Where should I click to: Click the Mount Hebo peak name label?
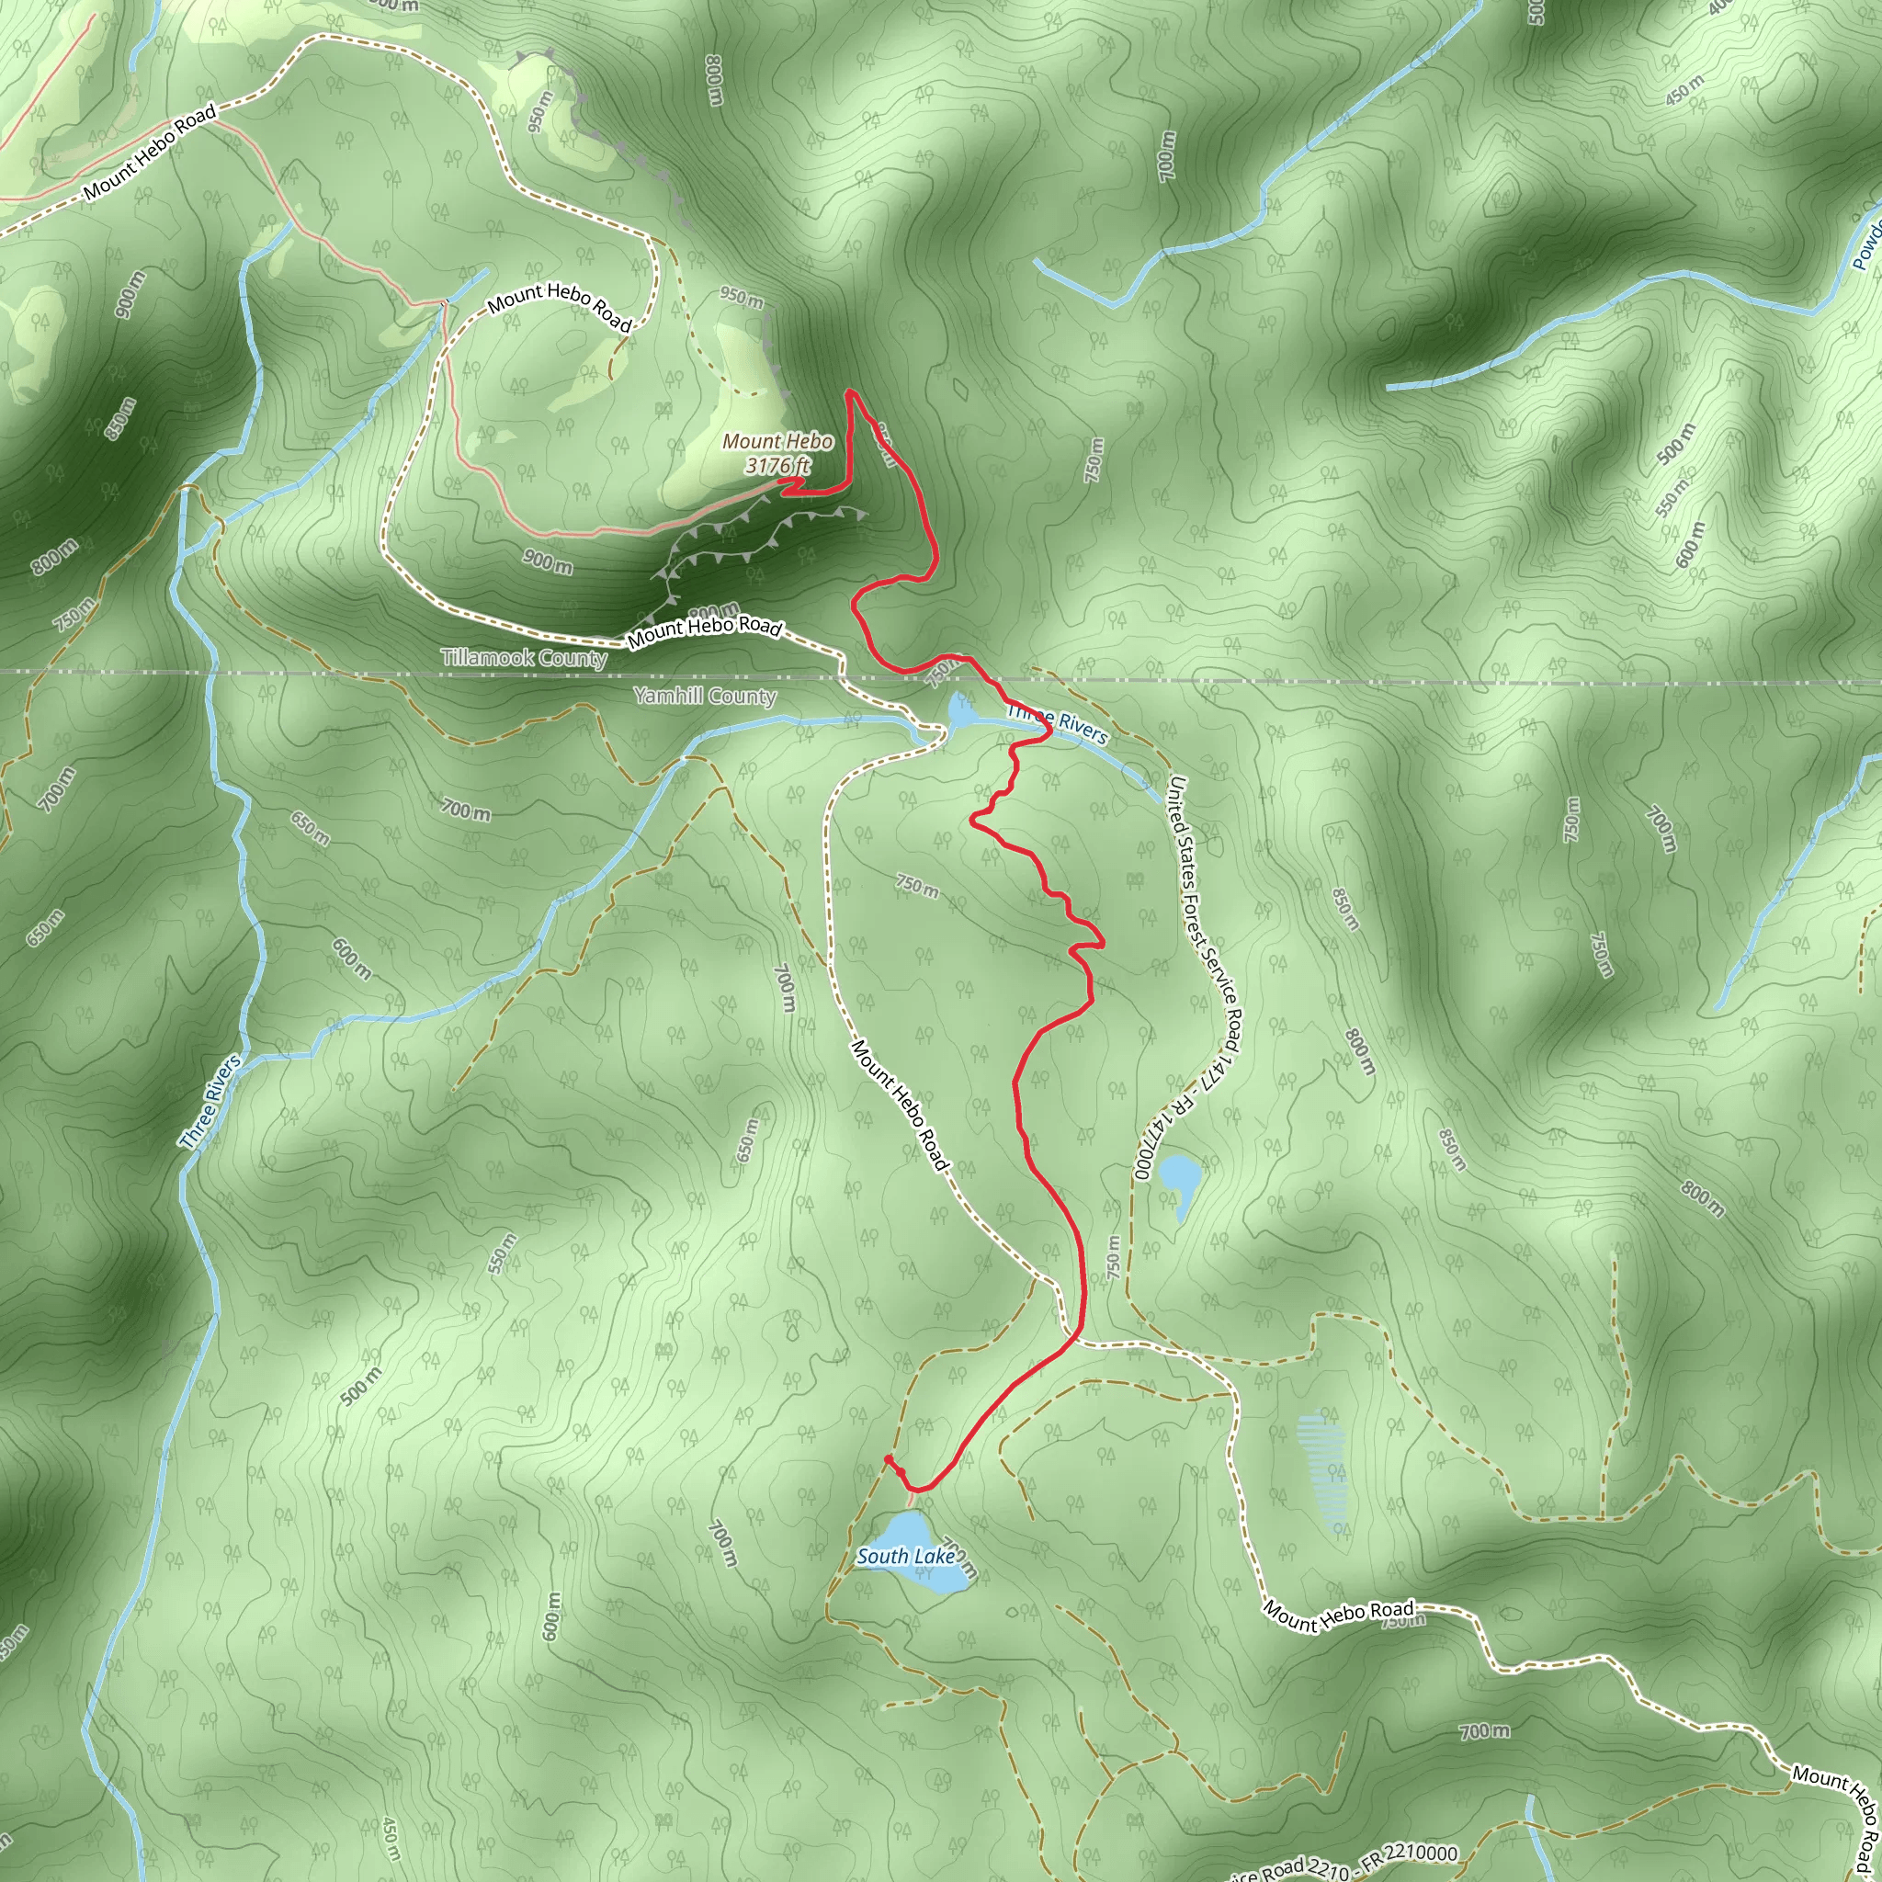(777, 441)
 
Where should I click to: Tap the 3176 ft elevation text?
(777, 465)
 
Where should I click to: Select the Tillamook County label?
(524, 658)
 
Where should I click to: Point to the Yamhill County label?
(704, 696)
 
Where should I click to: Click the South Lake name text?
(905, 1556)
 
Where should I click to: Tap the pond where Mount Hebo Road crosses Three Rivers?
(959, 712)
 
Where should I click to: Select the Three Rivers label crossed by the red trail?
(1058, 724)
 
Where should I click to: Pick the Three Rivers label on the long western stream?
(210, 1102)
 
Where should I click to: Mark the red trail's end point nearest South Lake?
(888, 1458)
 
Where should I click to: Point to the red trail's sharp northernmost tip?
(850, 391)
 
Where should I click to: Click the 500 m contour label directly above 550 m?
(1675, 443)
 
